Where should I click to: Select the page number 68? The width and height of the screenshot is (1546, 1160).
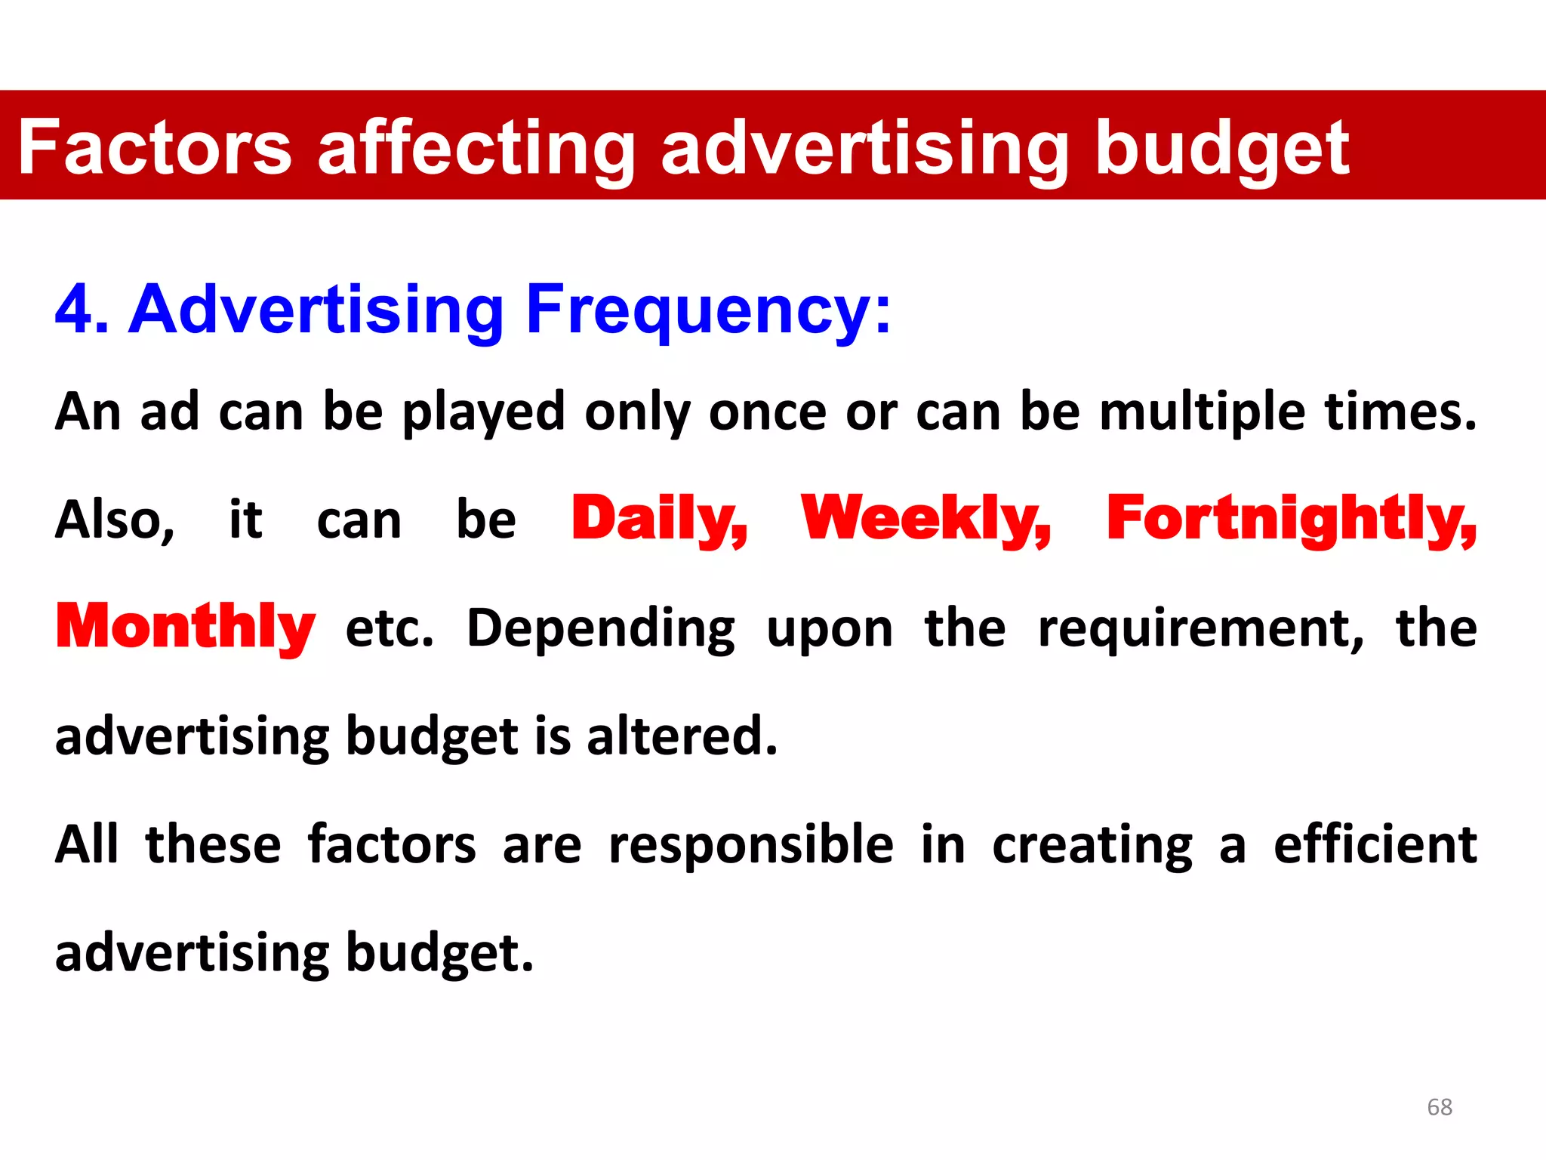click(x=1440, y=1107)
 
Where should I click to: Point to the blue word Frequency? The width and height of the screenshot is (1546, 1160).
click(x=698, y=310)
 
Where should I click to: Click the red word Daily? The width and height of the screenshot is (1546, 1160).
click(x=659, y=520)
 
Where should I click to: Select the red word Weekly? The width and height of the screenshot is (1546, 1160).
click(x=925, y=520)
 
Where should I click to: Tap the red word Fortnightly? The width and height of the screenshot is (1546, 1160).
click(x=1292, y=520)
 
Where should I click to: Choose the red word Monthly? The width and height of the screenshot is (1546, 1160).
click(x=186, y=628)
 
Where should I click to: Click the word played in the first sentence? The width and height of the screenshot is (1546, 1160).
click(x=483, y=413)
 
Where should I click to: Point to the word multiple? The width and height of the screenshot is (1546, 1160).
click(x=1202, y=412)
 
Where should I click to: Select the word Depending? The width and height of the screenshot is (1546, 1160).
click(x=601, y=629)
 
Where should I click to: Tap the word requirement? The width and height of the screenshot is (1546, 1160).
click(x=1201, y=629)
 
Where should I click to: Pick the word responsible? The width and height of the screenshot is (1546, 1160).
click(x=751, y=844)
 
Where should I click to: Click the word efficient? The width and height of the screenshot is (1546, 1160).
click(x=1375, y=844)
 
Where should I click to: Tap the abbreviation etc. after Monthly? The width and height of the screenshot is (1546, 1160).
click(x=390, y=629)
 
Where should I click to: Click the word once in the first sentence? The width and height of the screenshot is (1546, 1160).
click(x=767, y=412)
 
